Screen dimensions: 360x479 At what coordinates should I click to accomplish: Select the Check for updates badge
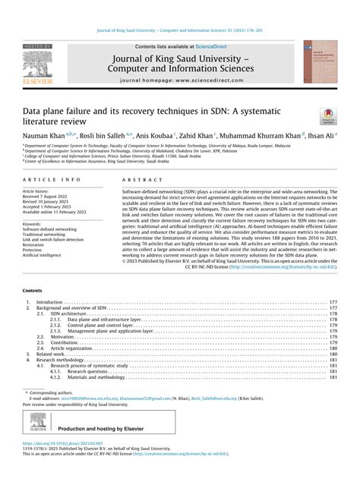pos(327,115)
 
